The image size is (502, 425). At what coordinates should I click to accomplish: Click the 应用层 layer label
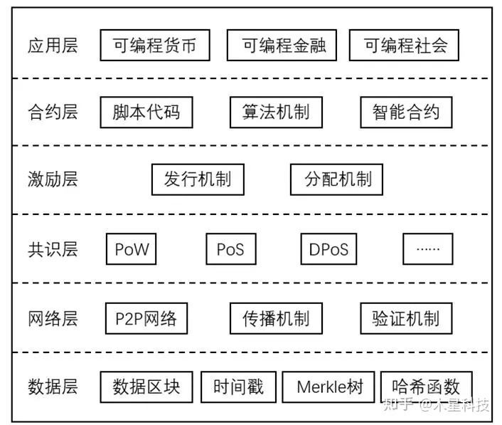pos(53,46)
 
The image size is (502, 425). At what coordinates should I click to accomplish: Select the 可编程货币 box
pos(154,46)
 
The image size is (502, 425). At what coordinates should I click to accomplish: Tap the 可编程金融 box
pos(282,46)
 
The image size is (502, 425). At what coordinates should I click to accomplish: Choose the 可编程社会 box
pos(403,46)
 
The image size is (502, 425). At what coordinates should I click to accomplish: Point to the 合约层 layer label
pos(53,112)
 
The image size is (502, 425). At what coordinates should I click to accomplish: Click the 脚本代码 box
pos(146,112)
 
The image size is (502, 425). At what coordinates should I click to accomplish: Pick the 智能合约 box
pos(406,112)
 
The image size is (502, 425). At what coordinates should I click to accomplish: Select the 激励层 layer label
pos(53,179)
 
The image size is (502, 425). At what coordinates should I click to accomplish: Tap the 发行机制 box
pos(197,179)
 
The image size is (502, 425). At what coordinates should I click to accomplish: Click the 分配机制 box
pos(336,179)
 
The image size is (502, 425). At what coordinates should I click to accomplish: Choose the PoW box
pos(132,249)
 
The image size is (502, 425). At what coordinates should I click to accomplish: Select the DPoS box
pos(329,249)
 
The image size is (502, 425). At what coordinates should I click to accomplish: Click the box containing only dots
pos(427,249)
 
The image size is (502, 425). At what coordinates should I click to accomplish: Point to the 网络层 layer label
pos(53,318)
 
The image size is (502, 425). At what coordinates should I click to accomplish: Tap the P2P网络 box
pos(146,318)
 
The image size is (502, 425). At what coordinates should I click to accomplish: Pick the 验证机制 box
pos(406,318)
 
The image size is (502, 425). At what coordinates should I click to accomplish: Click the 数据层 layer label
pos(53,387)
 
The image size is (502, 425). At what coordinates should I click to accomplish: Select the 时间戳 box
pos(238,387)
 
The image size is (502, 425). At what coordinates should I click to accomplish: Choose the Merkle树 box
pos(329,387)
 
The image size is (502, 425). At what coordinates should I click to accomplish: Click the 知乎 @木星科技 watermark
pos(436,406)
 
